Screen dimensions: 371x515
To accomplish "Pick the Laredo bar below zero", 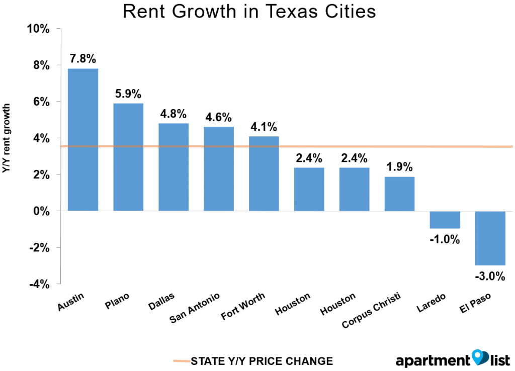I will coord(445,220).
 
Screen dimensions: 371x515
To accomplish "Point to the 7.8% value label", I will coord(83,58).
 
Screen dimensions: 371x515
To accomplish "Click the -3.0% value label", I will coord(490,276).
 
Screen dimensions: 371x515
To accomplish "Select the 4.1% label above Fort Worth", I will coord(264,126).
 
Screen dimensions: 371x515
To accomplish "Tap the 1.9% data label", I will coord(400,167).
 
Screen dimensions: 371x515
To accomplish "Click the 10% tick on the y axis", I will coord(38,29).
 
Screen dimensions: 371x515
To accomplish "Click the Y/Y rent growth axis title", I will coord(7,139).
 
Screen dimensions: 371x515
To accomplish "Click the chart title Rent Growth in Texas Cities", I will coord(249,12).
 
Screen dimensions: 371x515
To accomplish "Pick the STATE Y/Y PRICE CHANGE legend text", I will coord(262,361).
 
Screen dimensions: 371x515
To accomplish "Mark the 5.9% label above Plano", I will coord(128,94).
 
